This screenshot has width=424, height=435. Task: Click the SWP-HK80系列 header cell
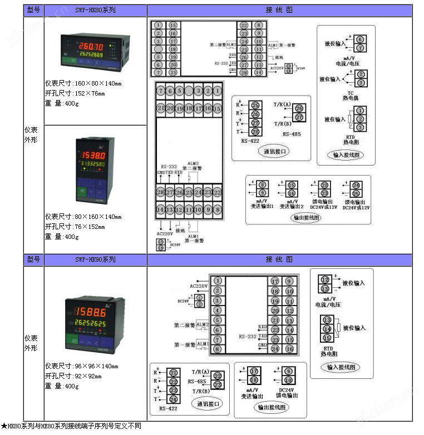pos(96,11)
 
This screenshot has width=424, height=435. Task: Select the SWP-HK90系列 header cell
pos(96,259)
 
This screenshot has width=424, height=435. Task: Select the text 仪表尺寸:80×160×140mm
pos(83,217)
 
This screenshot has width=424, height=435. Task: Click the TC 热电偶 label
pos(351,96)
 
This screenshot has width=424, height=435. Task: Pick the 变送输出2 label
pos(292,207)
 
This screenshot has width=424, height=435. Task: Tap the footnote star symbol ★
pos(4,426)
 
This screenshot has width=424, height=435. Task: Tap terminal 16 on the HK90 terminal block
pos(289,349)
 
